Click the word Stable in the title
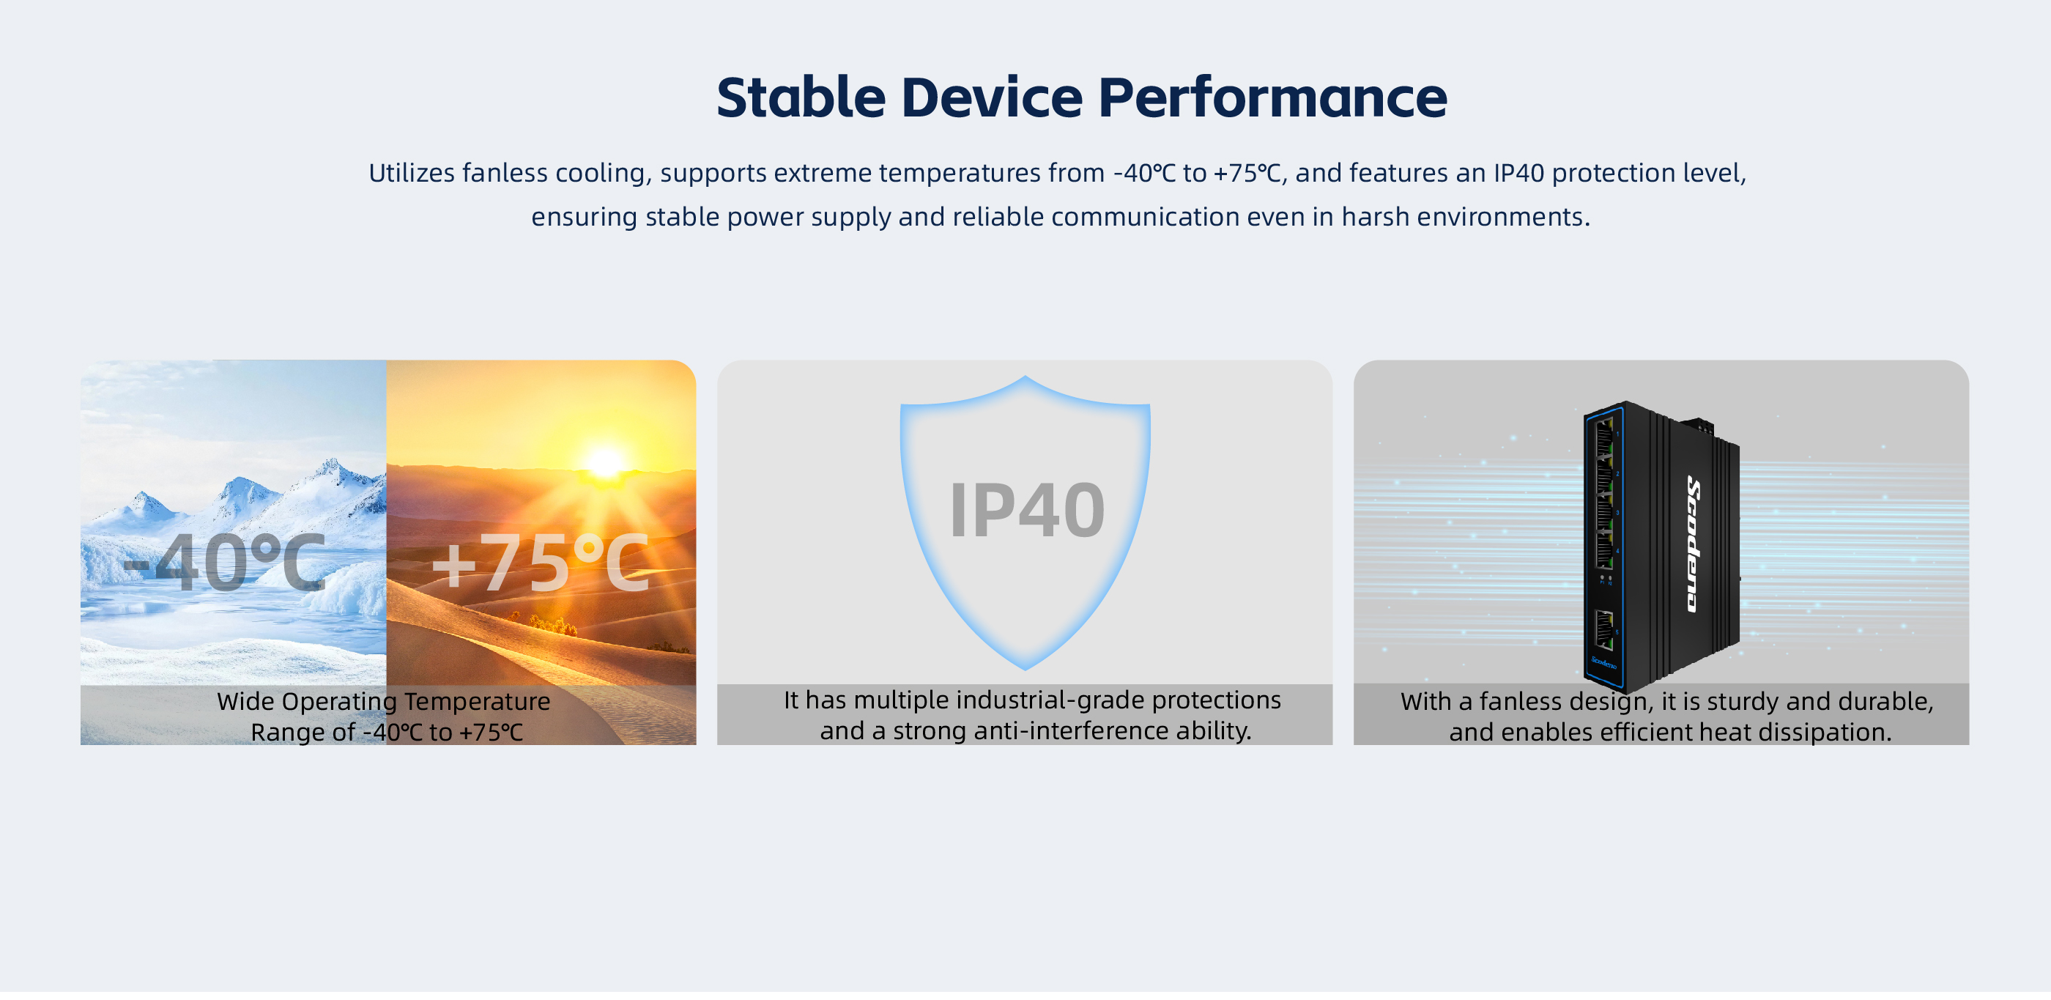(801, 97)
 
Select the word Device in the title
(992, 97)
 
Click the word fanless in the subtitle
(505, 173)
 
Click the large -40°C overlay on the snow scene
(225, 563)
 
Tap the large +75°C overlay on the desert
(541, 563)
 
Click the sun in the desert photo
(605, 462)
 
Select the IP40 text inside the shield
(1027, 511)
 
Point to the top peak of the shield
(1025, 377)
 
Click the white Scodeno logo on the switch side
(1694, 544)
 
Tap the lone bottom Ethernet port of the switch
(1604, 630)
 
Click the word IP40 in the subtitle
(1518, 173)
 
